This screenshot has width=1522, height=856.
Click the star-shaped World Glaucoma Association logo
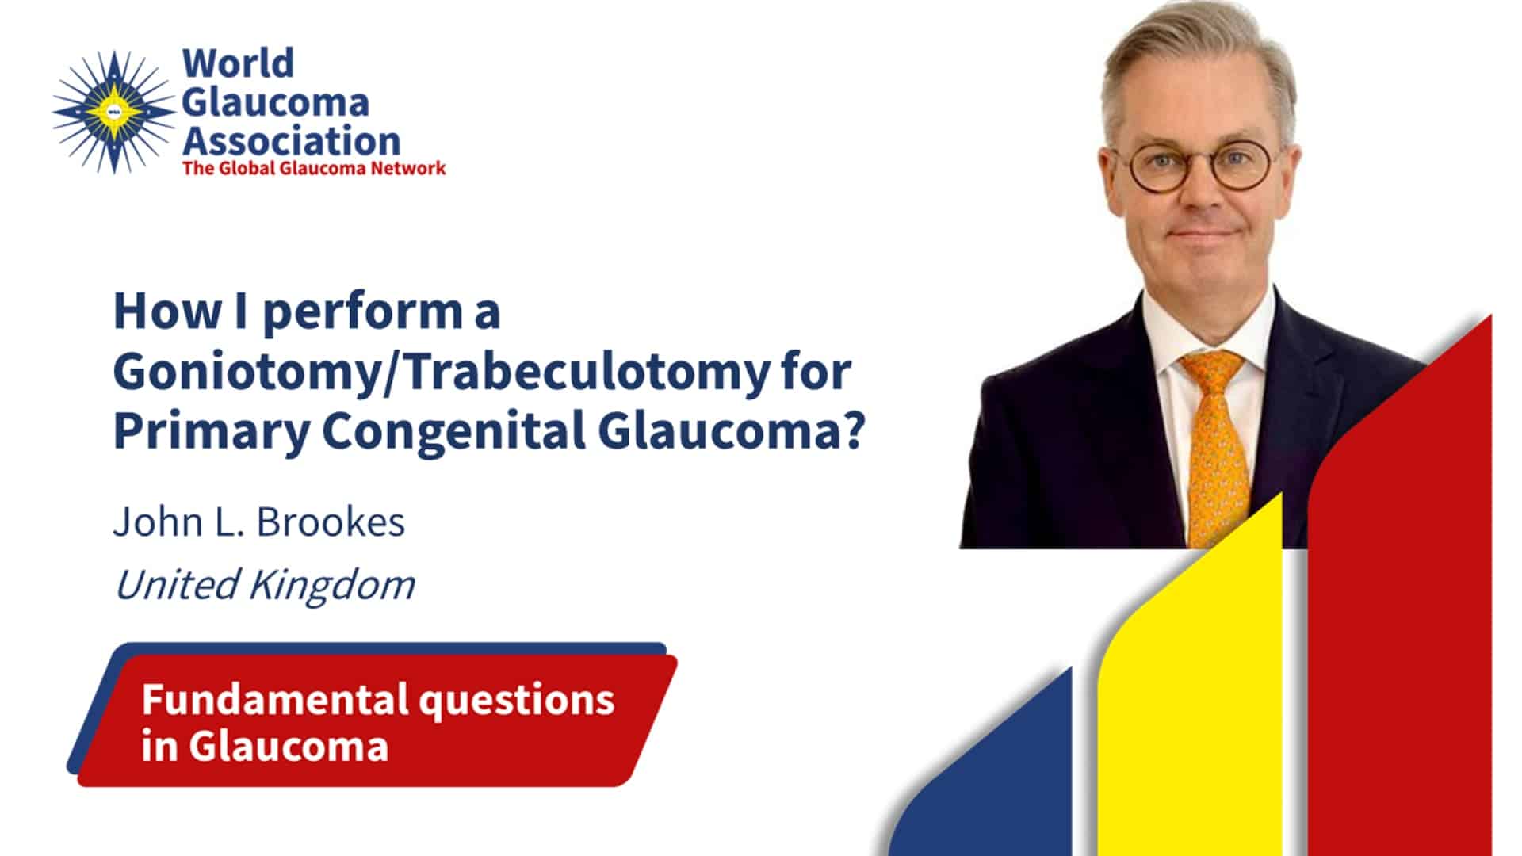[113, 111]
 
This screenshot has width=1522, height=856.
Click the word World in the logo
[238, 63]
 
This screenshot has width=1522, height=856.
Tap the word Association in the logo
[292, 141]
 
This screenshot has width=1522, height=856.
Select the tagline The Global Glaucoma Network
[314, 168]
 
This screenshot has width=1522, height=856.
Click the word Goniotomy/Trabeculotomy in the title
[441, 373]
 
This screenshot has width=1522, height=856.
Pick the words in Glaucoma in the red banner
[265, 746]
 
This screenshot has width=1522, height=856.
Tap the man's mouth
[1205, 233]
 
